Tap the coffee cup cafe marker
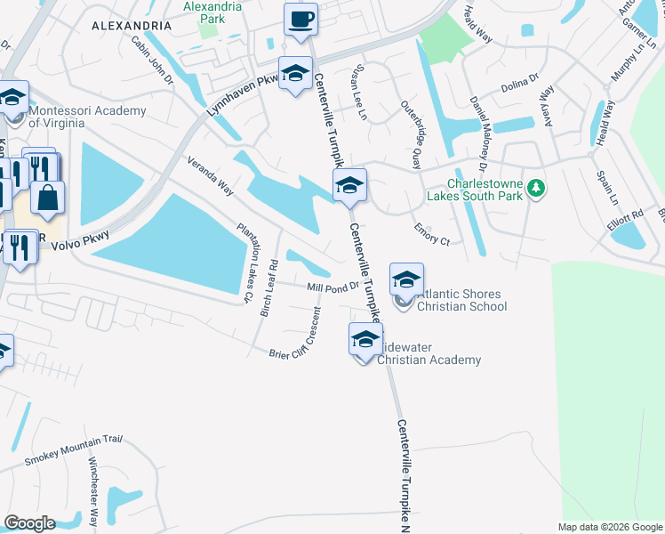click(300, 19)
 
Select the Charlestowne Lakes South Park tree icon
click(535, 188)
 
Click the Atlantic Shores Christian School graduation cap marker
click(406, 280)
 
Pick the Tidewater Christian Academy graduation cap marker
click(365, 339)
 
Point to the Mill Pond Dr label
click(332, 287)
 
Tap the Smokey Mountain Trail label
click(72, 450)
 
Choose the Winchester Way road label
click(92, 491)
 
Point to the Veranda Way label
click(210, 176)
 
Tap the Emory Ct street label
click(432, 234)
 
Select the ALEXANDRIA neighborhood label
click(131, 27)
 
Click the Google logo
click(29, 523)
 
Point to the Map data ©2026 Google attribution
click(609, 527)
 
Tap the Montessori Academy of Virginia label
click(86, 117)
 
